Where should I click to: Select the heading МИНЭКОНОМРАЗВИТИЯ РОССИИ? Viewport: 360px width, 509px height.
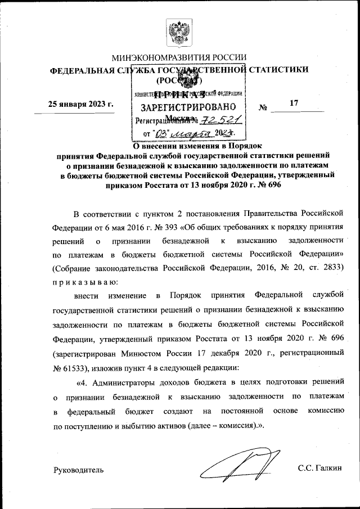[x=179, y=58]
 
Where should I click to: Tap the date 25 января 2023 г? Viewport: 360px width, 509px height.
[x=81, y=104]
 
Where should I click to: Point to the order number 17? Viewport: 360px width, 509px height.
[x=293, y=103]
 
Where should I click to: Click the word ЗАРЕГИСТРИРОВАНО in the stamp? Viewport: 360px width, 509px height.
[x=188, y=107]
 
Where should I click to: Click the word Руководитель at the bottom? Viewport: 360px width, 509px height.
[x=78, y=469]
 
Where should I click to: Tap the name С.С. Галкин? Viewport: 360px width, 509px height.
[x=320, y=469]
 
